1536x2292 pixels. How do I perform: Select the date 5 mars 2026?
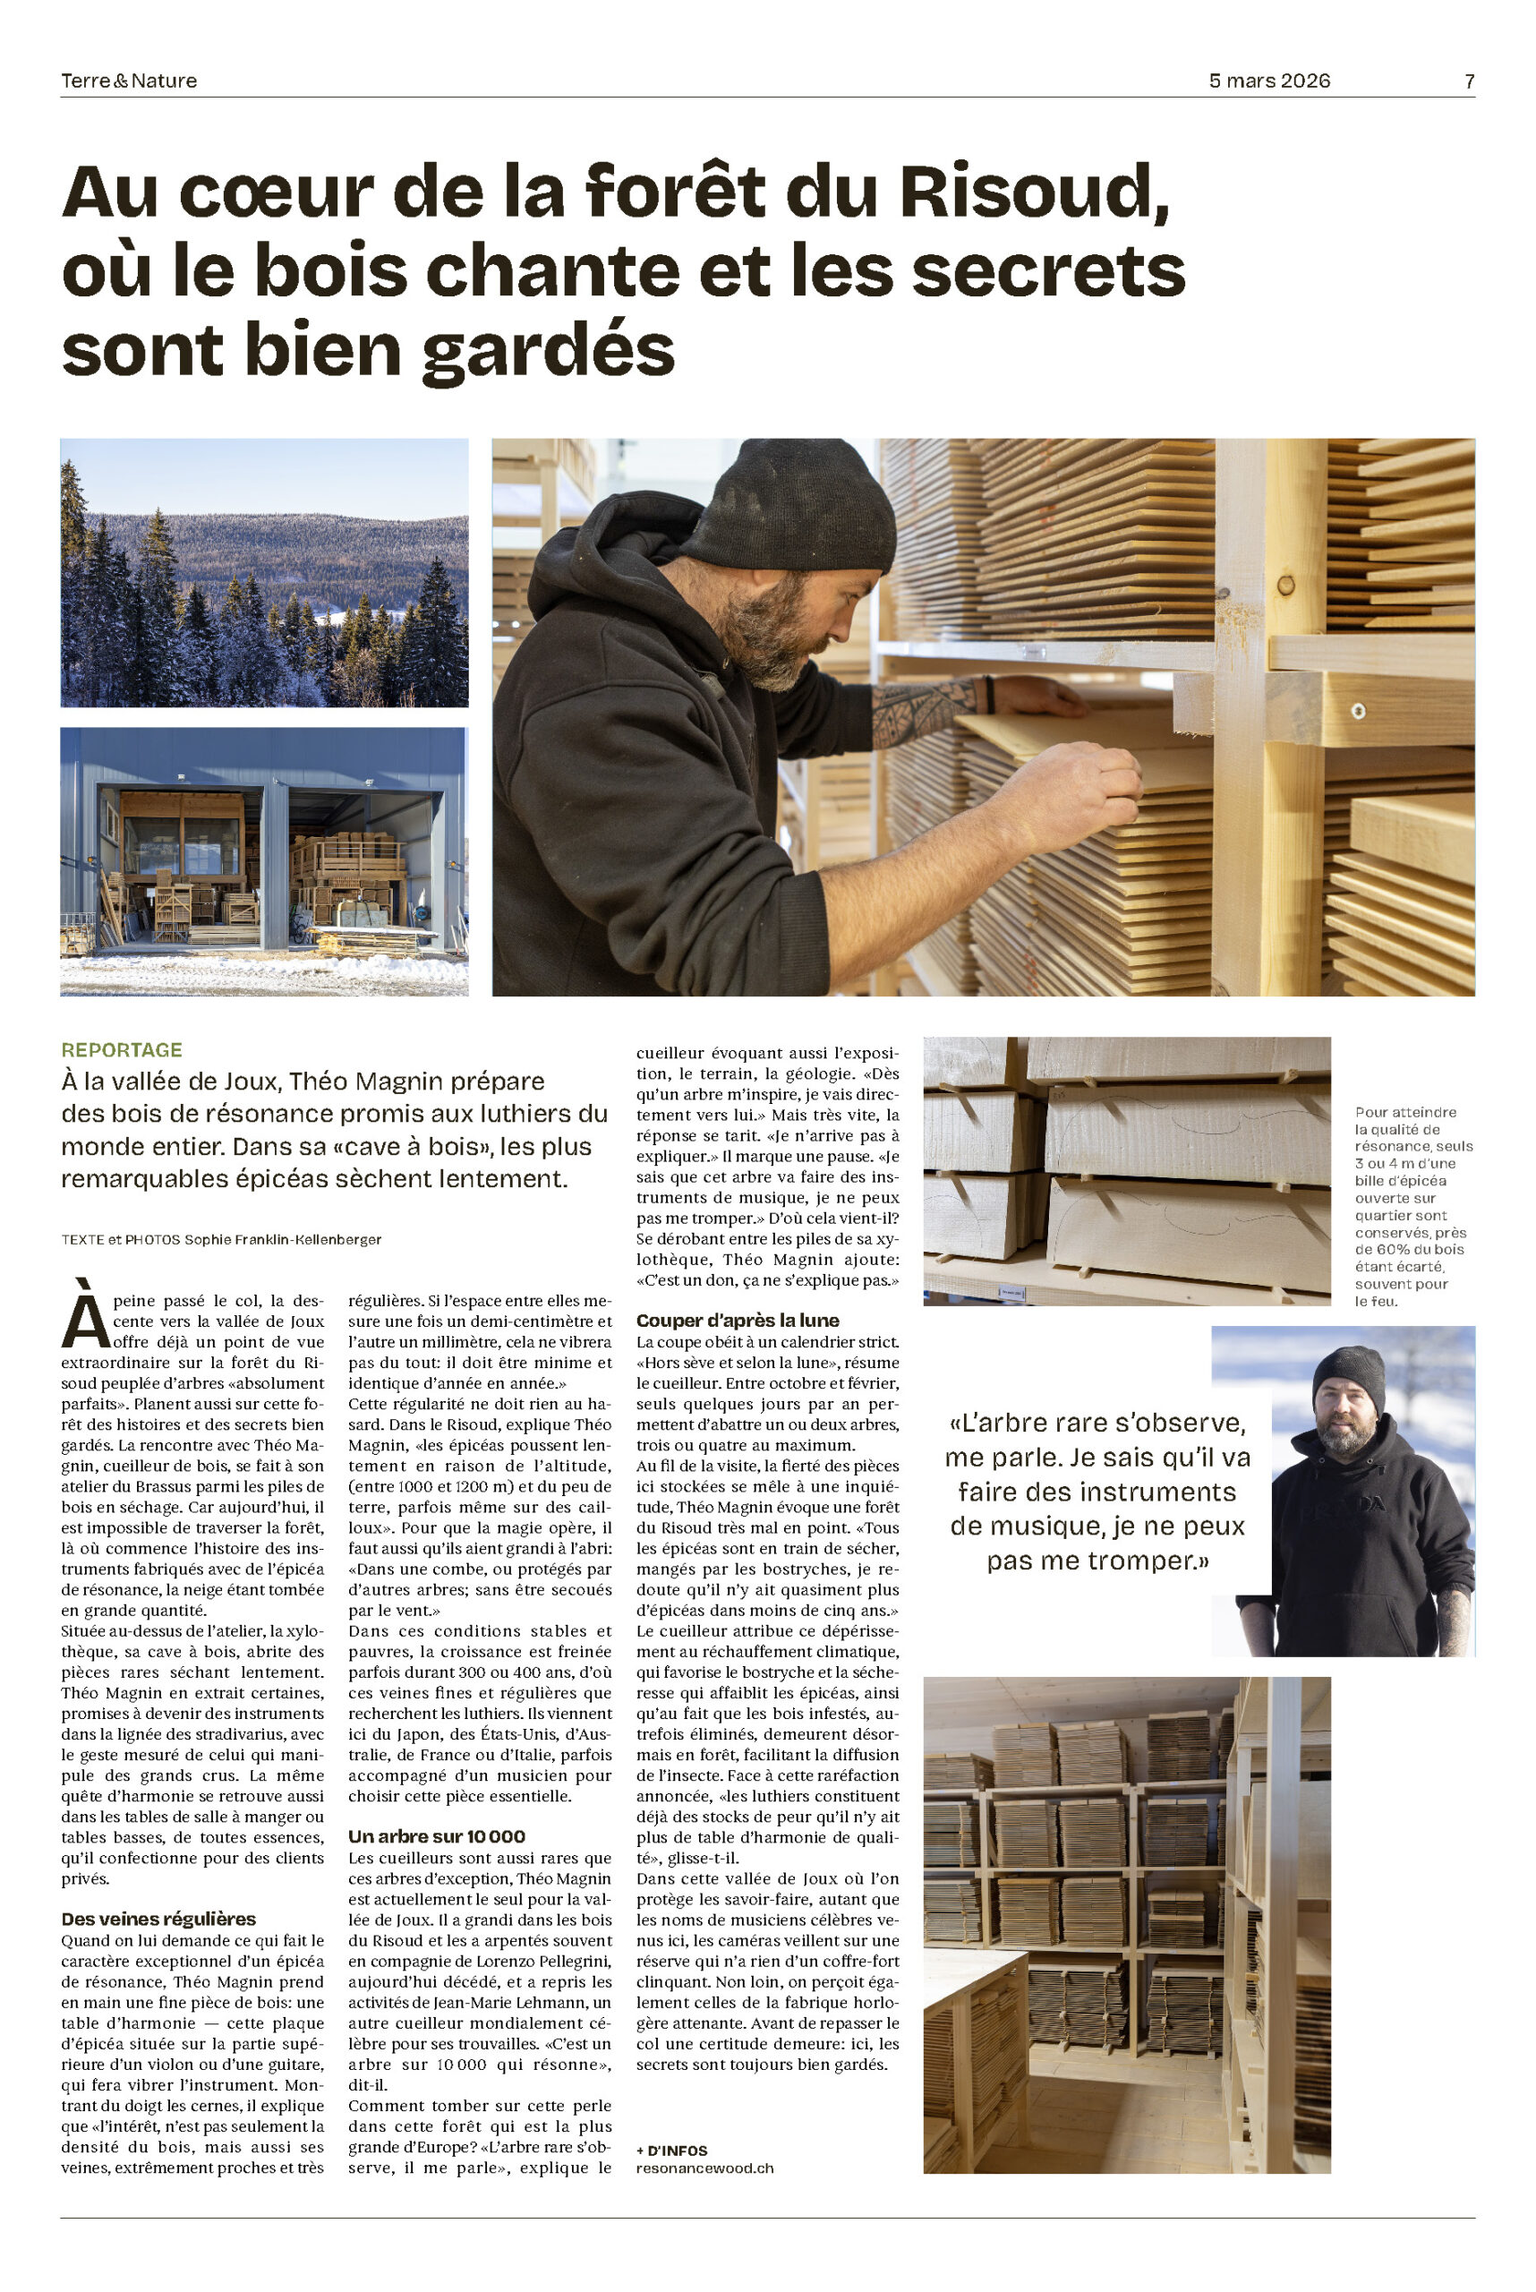coord(1268,81)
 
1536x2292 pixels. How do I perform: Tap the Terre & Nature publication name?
coord(128,81)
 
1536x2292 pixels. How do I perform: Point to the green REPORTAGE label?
coord(122,1049)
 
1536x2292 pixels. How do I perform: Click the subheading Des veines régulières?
coord(158,1919)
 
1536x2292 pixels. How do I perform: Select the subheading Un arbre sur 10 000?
coord(437,1836)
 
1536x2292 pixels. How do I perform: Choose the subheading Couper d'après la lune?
coord(737,1320)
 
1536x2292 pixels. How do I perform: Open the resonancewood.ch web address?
coord(704,2168)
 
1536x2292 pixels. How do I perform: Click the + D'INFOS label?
coord(671,2150)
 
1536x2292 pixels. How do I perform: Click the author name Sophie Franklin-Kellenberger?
coord(282,1240)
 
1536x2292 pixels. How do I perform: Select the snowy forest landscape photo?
coord(264,572)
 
